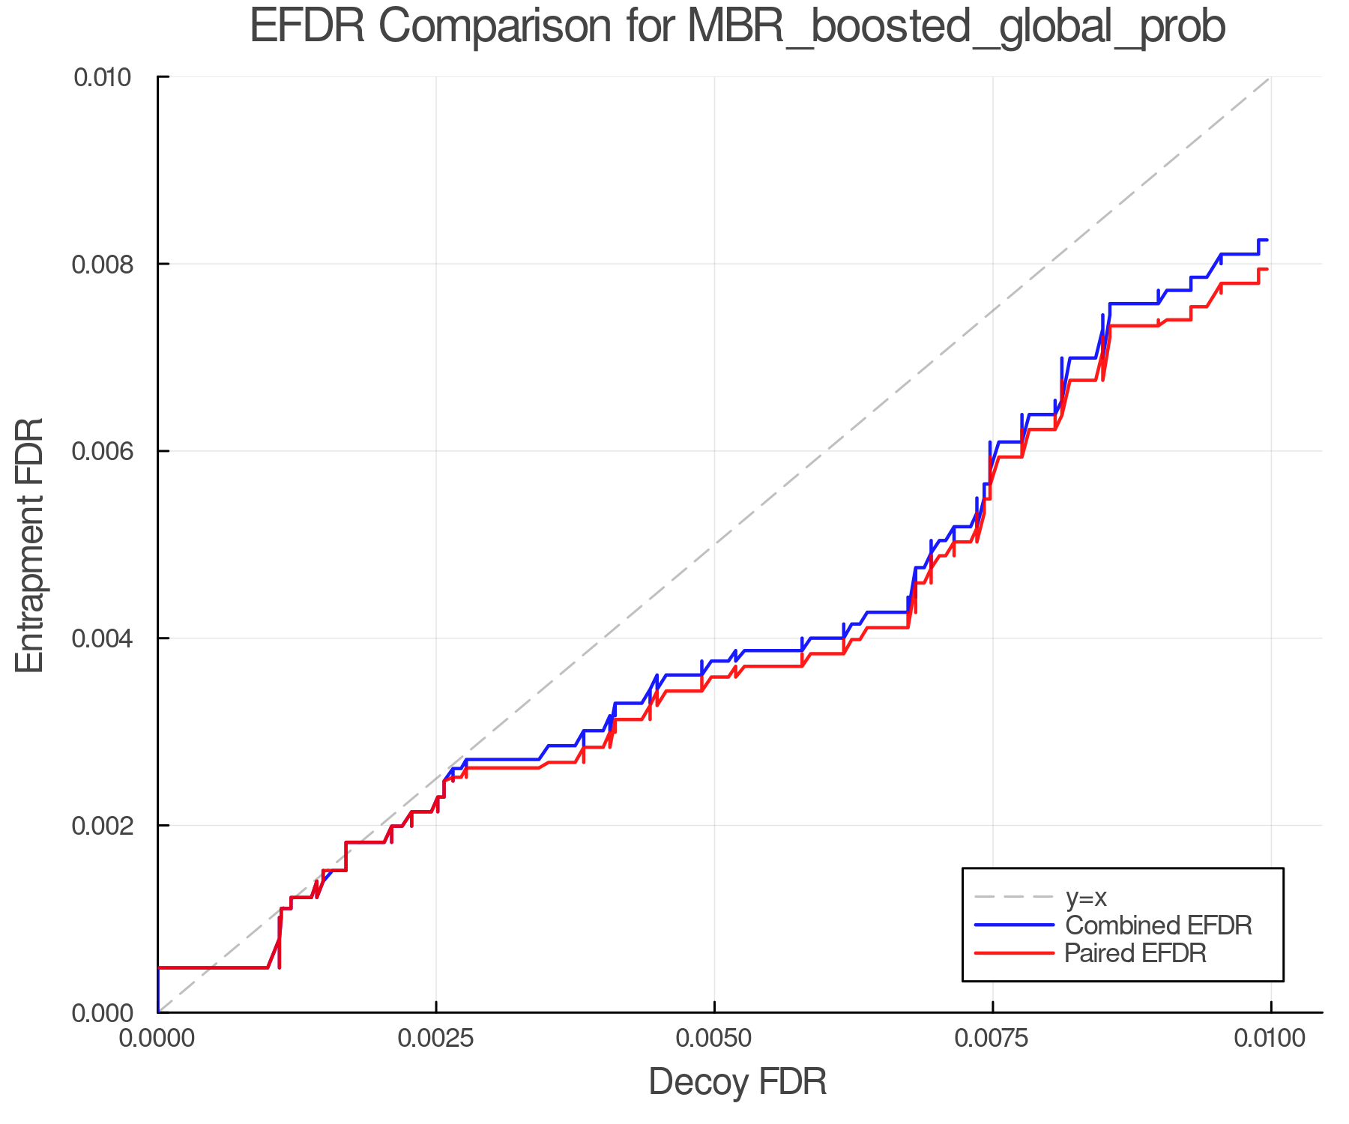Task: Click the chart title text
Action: click(x=737, y=27)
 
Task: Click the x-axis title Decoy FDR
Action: click(x=737, y=1082)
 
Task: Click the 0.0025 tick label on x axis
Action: click(x=436, y=1039)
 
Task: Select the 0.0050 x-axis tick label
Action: click(x=714, y=1039)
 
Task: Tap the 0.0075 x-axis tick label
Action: click(x=992, y=1039)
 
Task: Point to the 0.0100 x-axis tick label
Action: click(x=1270, y=1039)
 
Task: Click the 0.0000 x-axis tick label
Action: click(x=157, y=1039)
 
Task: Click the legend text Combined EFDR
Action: click(x=1158, y=925)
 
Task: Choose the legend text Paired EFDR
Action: click(x=1135, y=953)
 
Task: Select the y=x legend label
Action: click(x=1086, y=897)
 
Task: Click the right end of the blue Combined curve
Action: click(x=1267, y=240)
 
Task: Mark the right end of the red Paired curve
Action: click(x=1267, y=269)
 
